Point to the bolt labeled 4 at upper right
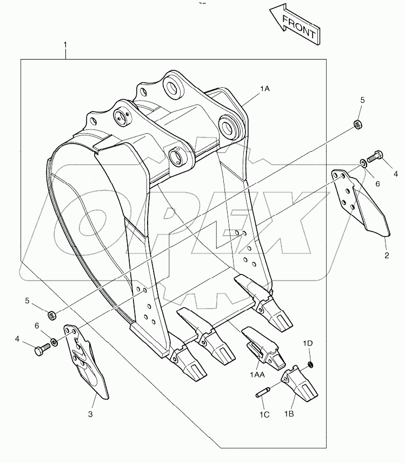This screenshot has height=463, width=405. pos(375,158)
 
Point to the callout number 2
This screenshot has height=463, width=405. pos(386,255)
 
